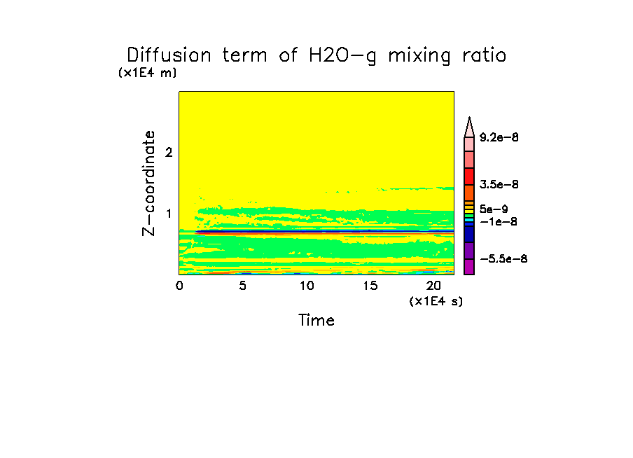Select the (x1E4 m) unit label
pos(147,72)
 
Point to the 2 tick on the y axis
pos(168,153)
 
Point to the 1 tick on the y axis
pos(168,214)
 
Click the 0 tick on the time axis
pos(179,286)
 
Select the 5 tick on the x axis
pos(243,286)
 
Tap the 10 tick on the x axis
pos(307,286)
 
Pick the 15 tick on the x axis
pos(370,286)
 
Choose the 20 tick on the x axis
pos(433,286)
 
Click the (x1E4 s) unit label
pos(436,301)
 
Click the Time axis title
pos(316,321)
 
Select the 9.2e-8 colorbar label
pos(499,137)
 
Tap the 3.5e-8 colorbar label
pos(499,184)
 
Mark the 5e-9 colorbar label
pos(494,209)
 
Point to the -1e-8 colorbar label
pos(496,221)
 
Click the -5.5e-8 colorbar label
pos(503,259)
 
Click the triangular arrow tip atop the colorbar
pos(469,125)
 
